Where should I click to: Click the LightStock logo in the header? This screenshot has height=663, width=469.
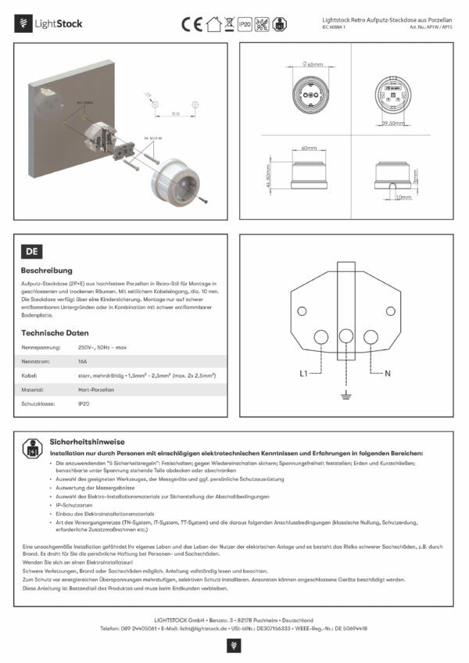[x=48, y=23]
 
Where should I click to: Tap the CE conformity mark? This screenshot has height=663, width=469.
[x=192, y=23]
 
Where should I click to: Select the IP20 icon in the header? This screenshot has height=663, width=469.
[x=245, y=24]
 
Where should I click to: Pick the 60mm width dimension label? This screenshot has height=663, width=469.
[x=309, y=148]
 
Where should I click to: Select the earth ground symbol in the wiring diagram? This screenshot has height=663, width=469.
[x=345, y=399]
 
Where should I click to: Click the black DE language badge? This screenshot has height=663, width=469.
[x=33, y=252]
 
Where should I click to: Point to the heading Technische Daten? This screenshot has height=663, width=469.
[x=55, y=332]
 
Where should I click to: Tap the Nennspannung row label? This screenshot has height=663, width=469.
[x=41, y=346]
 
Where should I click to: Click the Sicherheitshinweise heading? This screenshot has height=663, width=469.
[x=84, y=441]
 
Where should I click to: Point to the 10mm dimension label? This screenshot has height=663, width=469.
[x=403, y=197]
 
